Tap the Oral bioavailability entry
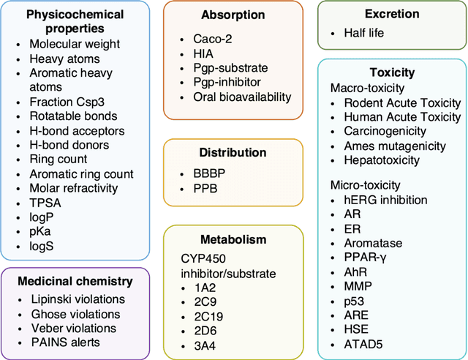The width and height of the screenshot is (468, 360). tap(242, 96)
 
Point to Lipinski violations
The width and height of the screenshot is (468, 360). tap(78, 299)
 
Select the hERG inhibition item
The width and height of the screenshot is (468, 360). tap(385, 200)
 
